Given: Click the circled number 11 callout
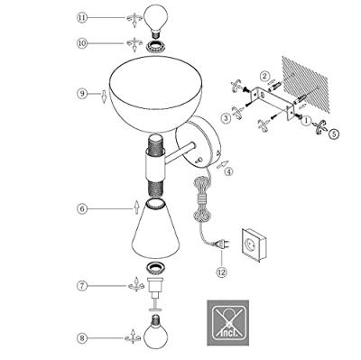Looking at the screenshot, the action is coord(82,17).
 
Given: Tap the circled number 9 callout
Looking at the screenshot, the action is coord(82,94).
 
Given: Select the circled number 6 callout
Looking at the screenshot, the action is coord(82,208).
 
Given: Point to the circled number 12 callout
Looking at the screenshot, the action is coord(221,272).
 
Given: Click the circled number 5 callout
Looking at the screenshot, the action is coord(333,134).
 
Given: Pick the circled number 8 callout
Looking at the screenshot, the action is coord(82,338).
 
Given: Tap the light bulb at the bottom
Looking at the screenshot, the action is coord(155,332).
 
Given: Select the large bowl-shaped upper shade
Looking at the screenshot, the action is coord(156,94).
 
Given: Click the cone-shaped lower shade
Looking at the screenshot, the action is coord(155,230).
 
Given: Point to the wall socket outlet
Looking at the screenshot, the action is coord(254,245).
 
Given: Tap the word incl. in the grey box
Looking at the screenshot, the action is coord(229,333).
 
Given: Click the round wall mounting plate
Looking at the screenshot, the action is coord(198,142).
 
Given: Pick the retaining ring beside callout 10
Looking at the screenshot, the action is coord(155,47).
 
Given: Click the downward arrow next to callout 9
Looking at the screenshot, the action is coord(104,97).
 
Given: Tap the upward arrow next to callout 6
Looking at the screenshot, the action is coord(136,207).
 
